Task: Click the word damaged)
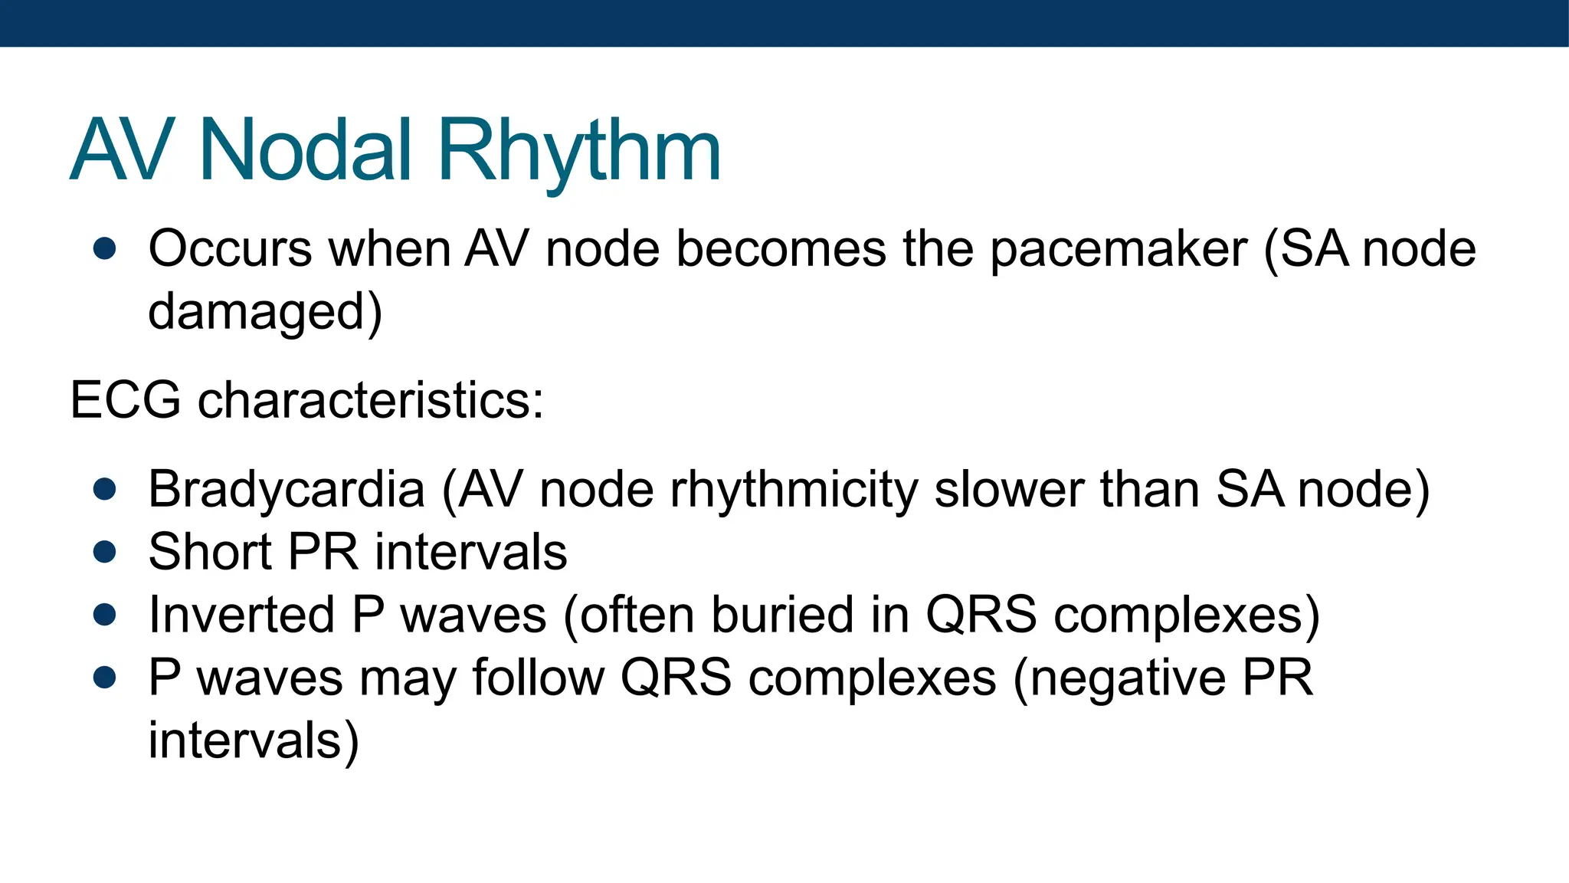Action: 265,313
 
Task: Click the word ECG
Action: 126,401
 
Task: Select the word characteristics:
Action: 371,401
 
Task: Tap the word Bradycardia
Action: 287,490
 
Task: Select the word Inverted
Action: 242,615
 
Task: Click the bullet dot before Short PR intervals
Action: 104,553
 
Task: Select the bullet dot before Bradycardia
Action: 104,490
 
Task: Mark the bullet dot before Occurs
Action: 104,250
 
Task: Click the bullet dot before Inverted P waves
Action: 104,615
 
